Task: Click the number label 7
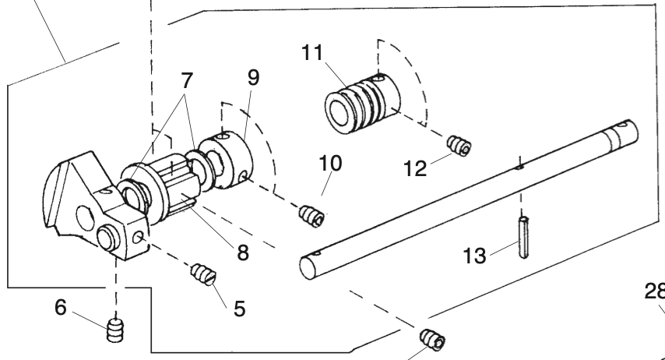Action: coord(186,80)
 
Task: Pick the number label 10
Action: coord(330,166)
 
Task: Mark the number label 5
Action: coord(239,308)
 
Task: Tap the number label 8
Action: coord(243,253)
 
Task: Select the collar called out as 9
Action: coord(229,160)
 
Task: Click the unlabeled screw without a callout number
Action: coord(431,340)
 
